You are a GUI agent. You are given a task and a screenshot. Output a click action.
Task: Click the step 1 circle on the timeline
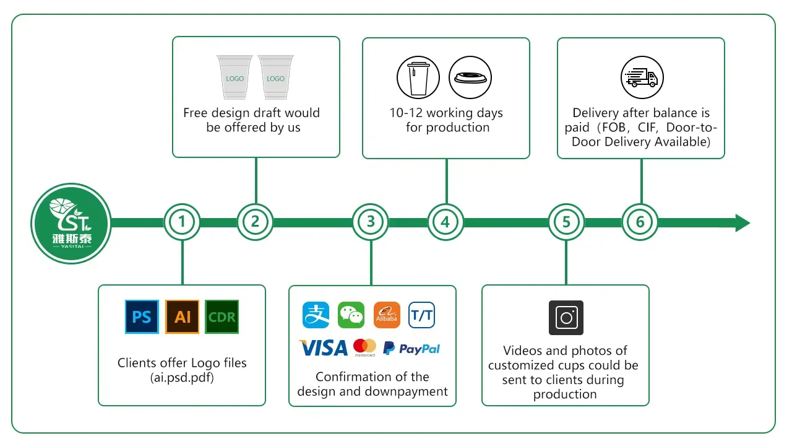click(x=182, y=222)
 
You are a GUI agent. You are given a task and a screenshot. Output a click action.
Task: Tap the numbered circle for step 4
click(x=445, y=222)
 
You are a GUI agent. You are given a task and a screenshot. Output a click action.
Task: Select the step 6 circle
click(x=640, y=222)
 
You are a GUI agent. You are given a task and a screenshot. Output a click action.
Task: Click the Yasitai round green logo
click(x=71, y=224)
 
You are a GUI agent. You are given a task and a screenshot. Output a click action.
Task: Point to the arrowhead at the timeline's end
click(x=742, y=222)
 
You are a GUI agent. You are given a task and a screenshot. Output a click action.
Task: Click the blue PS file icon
click(x=142, y=317)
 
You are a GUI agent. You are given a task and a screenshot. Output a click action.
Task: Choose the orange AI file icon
click(x=183, y=317)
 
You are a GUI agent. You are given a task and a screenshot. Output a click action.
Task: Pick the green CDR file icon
click(x=222, y=317)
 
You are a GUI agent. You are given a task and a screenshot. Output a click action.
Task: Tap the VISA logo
click(x=323, y=348)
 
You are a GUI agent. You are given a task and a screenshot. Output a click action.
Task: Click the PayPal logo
click(x=411, y=349)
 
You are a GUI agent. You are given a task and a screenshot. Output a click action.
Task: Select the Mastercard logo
click(x=365, y=348)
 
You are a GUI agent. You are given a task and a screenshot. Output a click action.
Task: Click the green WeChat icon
click(x=351, y=315)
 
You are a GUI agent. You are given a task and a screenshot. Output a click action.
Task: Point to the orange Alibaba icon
click(x=387, y=315)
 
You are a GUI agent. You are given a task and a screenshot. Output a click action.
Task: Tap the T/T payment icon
click(x=422, y=315)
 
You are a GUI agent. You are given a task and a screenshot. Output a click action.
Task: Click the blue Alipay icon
click(x=316, y=315)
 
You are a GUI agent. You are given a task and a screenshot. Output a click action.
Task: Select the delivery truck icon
click(x=642, y=78)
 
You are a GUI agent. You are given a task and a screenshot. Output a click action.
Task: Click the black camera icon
click(x=566, y=318)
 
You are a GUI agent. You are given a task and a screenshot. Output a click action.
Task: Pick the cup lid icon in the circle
click(x=470, y=78)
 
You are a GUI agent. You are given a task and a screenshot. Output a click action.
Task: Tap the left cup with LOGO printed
click(x=235, y=77)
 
